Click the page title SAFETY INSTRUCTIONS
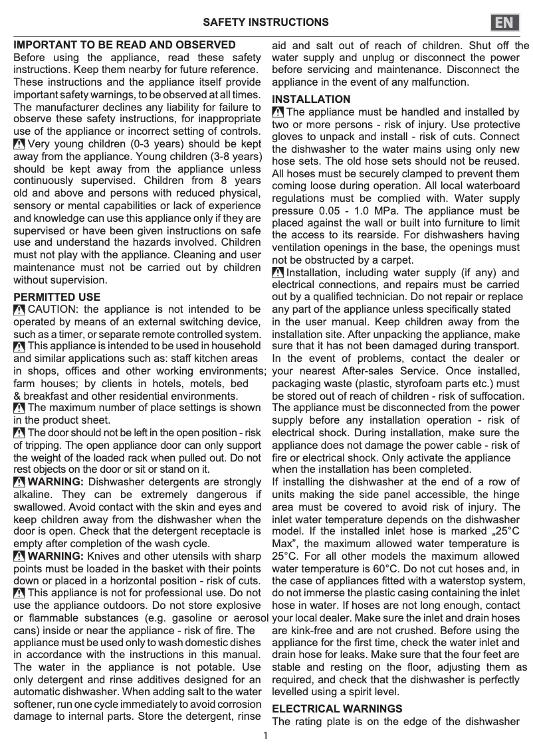click(266, 23)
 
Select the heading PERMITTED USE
click(57, 297)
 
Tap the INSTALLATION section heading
click(311, 100)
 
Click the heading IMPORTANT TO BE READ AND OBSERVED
click(125, 45)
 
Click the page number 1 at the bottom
click(266, 735)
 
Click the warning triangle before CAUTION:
click(19, 309)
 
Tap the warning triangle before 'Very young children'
click(19, 144)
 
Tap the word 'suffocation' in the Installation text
click(499, 396)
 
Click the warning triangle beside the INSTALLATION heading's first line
click(278, 112)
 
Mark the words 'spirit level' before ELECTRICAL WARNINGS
click(372, 692)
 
